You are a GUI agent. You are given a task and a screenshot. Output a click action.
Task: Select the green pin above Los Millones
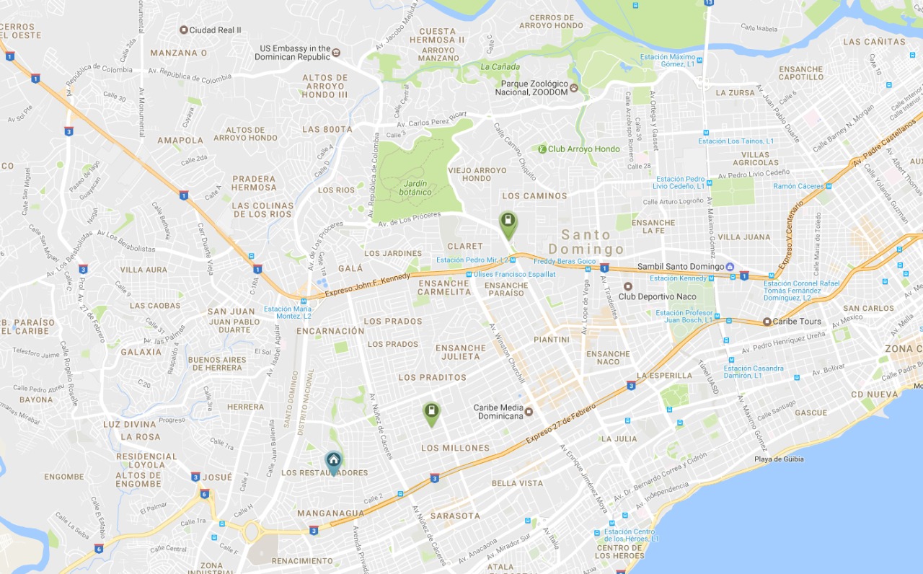click(431, 412)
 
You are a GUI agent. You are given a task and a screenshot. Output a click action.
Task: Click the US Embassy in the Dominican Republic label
click(295, 53)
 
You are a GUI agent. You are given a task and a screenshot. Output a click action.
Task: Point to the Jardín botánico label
click(416, 187)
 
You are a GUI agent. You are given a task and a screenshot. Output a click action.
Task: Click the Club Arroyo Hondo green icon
click(542, 149)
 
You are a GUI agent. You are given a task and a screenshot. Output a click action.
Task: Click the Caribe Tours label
click(797, 322)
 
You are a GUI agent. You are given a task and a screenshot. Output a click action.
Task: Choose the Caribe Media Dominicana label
click(498, 412)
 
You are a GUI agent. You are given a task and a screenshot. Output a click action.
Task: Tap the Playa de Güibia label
click(779, 459)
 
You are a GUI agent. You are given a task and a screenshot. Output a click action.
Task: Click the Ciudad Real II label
click(215, 30)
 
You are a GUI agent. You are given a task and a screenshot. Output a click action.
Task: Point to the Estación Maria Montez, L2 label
click(288, 313)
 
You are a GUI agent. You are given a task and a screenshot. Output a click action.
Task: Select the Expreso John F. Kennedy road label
click(367, 283)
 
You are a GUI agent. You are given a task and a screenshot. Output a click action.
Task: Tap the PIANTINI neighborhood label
click(552, 340)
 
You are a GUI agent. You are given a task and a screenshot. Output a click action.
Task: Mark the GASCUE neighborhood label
click(811, 413)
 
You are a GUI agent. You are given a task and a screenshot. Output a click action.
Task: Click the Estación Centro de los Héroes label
click(631, 535)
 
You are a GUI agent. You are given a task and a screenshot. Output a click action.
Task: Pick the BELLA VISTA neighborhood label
click(517, 483)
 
